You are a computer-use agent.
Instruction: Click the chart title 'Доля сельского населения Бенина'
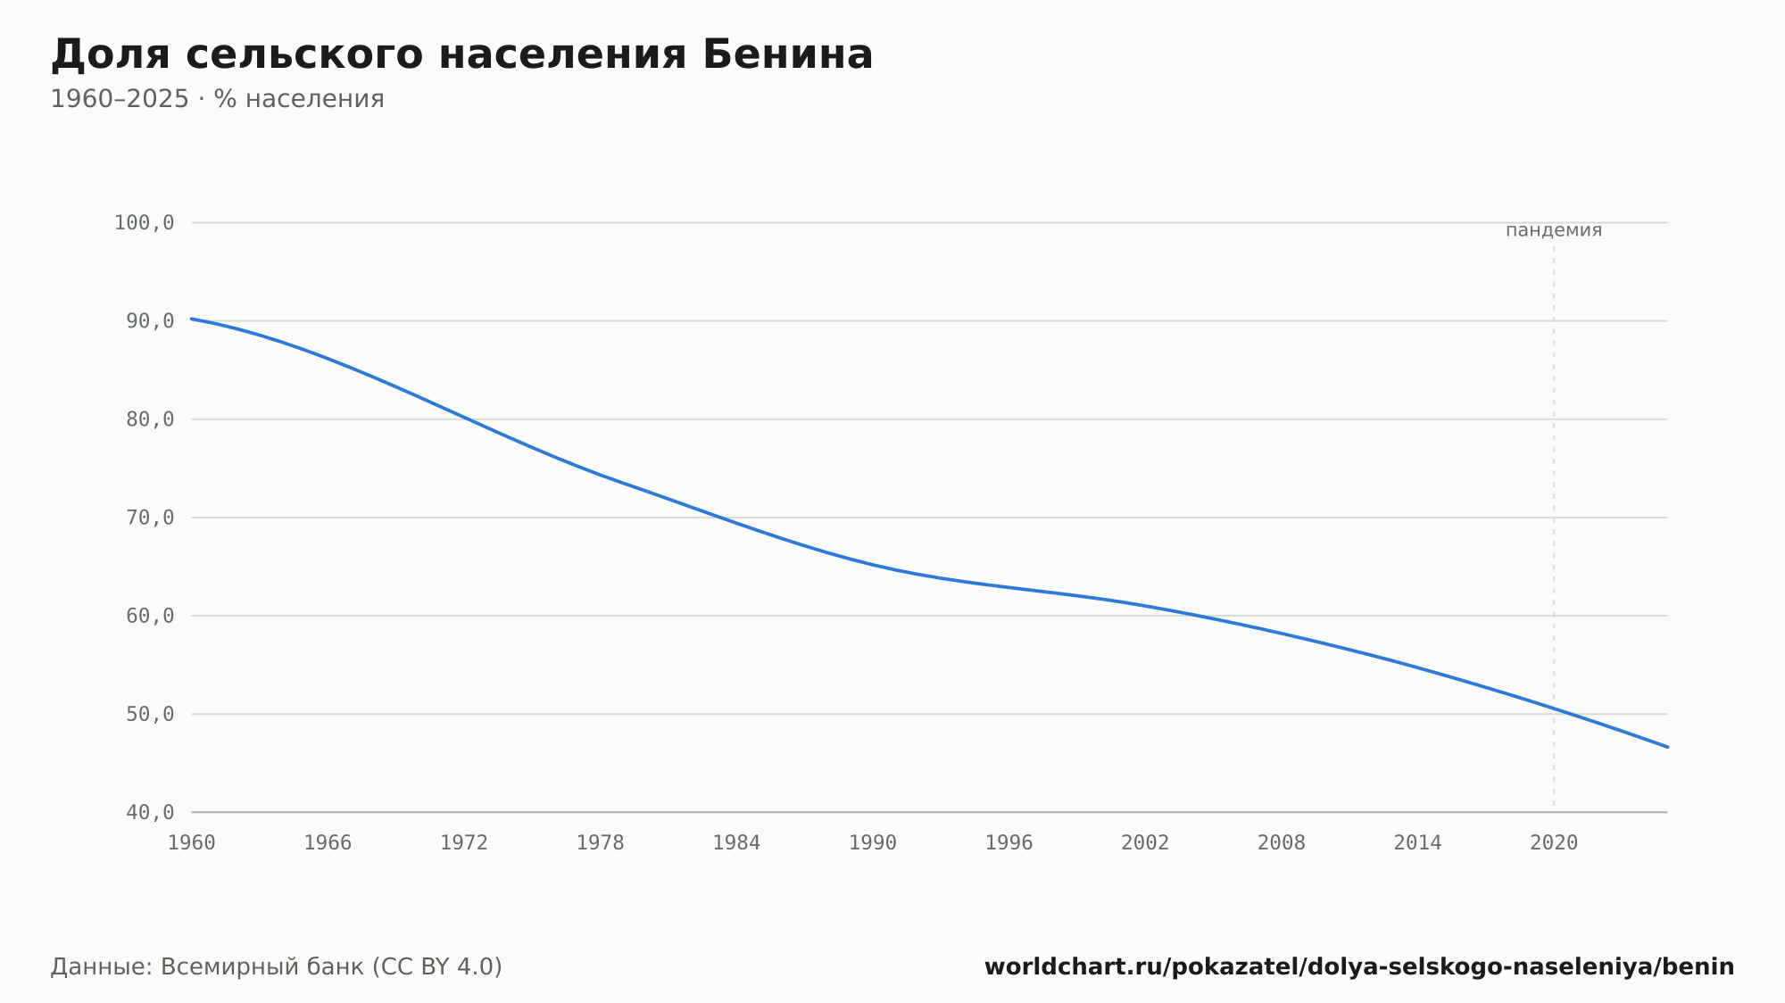click(461, 55)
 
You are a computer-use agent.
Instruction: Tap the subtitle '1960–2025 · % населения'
click(217, 99)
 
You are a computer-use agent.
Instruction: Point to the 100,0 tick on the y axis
click(144, 223)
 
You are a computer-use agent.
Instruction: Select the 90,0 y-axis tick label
click(150, 321)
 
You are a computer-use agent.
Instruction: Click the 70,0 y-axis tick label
click(150, 518)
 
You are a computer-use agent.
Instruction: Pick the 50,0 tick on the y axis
click(150, 714)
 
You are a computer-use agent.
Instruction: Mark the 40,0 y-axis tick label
click(150, 812)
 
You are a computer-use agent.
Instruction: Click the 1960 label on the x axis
click(192, 843)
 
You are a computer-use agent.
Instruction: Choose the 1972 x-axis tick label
click(464, 843)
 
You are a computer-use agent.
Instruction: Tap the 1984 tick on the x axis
click(736, 843)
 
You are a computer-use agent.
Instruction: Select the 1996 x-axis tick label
click(1009, 843)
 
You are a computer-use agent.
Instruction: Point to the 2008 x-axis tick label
click(1282, 843)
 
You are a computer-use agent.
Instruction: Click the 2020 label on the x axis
click(1554, 843)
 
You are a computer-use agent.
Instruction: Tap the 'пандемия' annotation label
click(1554, 230)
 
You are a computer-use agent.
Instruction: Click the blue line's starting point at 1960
click(192, 319)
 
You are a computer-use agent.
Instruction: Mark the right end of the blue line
click(1667, 747)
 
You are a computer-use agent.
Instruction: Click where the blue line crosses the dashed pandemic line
click(1554, 709)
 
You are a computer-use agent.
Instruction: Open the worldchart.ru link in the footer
click(1359, 967)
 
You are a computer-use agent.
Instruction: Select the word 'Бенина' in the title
click(787, 55)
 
